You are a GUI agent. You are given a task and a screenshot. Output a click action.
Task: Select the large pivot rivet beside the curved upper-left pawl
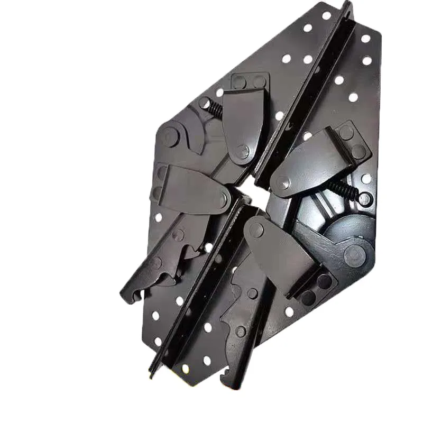click(x=170, y=137)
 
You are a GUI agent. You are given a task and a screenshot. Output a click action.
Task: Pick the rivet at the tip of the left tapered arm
click(x=224, y=200)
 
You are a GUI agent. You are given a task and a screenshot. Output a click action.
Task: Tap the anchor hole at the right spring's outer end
click(x=364, y=199)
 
